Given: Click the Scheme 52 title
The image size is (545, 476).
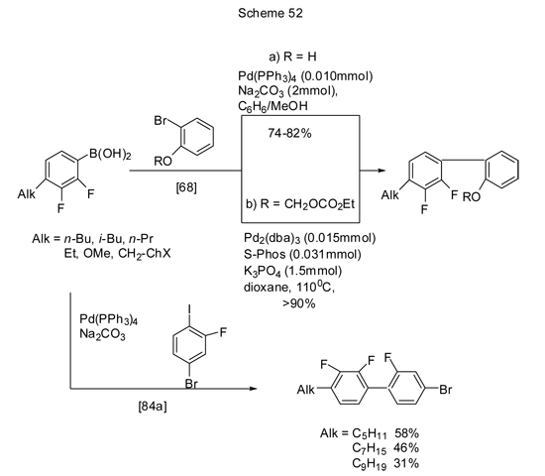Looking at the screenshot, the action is pos(271,13).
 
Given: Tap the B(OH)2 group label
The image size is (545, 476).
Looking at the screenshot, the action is pos(110,154).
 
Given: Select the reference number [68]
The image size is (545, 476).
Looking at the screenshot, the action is pos(186,187).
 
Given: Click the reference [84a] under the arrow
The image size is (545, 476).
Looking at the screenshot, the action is pos(153,406).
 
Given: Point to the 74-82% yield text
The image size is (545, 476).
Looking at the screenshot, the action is pos(289,133).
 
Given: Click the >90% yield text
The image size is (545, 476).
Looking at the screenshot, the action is pos(299,303).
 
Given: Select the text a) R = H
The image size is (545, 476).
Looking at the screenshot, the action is pos(292,57).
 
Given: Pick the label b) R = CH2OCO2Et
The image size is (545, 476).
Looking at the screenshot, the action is pos(300,204).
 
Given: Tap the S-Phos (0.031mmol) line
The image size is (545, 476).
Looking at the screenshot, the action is pos(302,254).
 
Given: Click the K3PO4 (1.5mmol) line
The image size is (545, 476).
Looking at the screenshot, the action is pos(292,271).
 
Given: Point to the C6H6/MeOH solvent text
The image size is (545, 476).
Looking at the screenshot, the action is pos(272,106).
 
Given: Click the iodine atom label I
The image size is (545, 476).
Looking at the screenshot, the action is pos(189,309).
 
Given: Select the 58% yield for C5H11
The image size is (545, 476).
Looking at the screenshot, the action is pos(406,433).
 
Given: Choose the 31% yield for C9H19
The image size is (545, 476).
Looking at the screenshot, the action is pos(406,463).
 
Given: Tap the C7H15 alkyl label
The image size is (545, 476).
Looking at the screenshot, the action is pos(369,448).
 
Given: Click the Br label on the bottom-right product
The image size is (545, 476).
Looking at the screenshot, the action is pos(445,390).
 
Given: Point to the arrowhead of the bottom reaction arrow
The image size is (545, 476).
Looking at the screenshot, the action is pos(254,389).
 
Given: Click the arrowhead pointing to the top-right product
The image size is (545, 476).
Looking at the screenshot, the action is pos(381,171).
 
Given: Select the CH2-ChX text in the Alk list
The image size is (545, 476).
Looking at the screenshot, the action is pos(145,254).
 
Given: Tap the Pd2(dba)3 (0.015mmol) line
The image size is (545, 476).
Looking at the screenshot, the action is pos(310,238).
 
